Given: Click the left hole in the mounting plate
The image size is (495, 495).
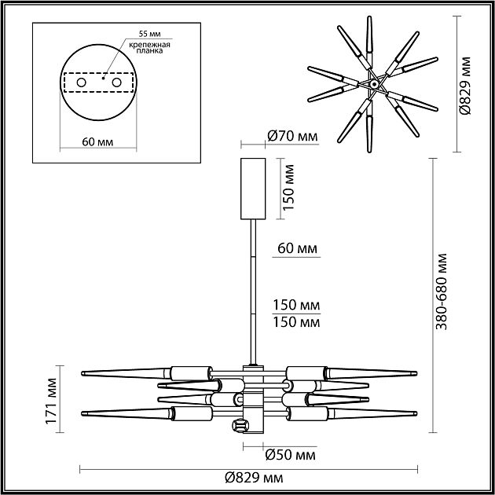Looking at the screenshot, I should point(80,82).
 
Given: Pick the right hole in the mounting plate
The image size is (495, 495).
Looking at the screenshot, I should point(117,82).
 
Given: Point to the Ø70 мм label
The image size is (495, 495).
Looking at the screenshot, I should point(292,136).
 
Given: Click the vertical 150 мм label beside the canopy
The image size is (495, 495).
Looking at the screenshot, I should point(288,189).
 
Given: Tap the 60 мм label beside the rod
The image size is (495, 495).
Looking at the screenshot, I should point(297,248).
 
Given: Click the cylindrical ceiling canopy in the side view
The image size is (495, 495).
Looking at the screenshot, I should point(252,189).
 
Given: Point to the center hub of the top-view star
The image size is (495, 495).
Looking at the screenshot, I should point(374,82).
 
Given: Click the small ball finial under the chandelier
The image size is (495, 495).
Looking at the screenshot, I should point(237,426).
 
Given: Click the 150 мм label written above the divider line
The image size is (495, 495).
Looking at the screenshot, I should point(297,305).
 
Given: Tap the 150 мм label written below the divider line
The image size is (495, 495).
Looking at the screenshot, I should point(297,321).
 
